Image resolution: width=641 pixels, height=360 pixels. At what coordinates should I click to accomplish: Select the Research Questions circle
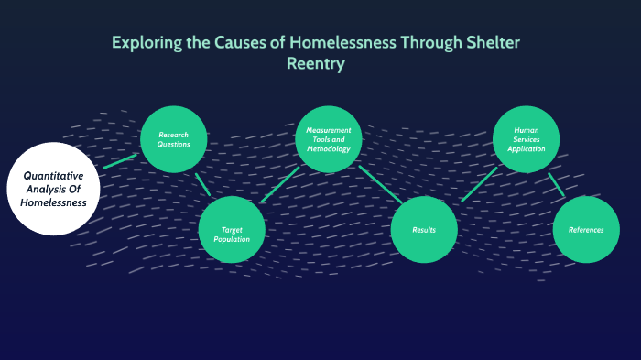pyautogui.click(x=172, y=139)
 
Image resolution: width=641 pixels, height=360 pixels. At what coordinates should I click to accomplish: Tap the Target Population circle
pyautogui.click(x=232, y=229)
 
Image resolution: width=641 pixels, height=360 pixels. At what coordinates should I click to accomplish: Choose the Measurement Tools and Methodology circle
pyautogui.click(x=329, y=139)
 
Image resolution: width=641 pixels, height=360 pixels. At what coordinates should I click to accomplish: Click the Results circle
pyautogui.click(x=423, y=229)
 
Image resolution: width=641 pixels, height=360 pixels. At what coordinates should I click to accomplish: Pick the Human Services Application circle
pyautogui.click(x=526, y=139)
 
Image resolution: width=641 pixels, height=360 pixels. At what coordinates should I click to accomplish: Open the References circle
pyautogui.click(x=586, y=229)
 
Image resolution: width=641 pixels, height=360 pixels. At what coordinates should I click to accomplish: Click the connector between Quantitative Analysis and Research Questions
pyautogui.click(x=119, y=161)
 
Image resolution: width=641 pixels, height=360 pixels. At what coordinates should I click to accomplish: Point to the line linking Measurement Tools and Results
pyautogui.click(x=379, y=183)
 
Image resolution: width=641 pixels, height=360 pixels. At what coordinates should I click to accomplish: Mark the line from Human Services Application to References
pyautogui.click(x=556, y=184)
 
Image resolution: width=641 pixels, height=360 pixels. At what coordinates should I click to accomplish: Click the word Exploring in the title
pyautogui.click(x=145, y=43)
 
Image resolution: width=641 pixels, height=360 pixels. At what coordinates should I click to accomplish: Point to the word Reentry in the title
pyautogui.click(x=320, y=65)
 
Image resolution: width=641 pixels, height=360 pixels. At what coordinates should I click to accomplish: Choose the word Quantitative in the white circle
pyautogui.click(x=53, y=175)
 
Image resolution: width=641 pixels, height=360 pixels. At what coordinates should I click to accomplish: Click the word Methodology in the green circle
pyautogui.click(x=329, y=148)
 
